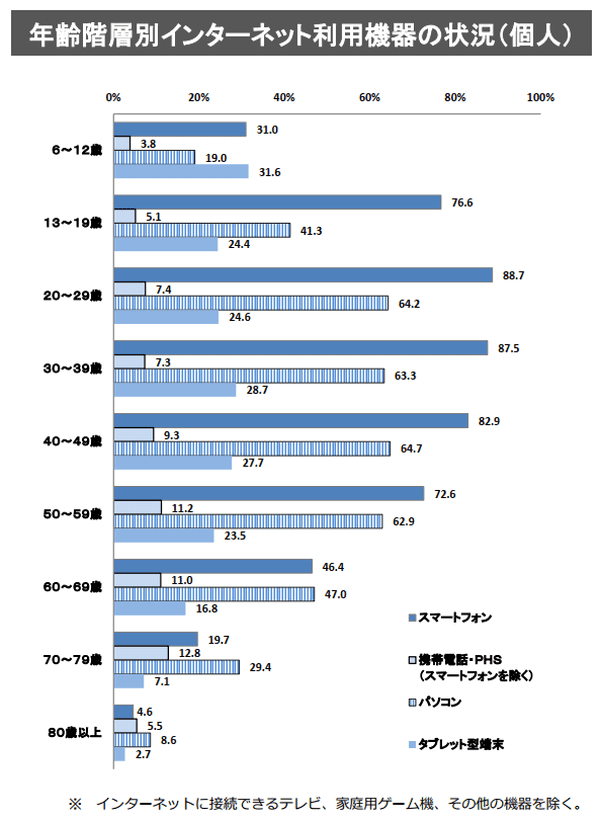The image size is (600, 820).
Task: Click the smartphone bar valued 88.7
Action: point(303,275)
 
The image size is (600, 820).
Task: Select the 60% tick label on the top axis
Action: point(369,97)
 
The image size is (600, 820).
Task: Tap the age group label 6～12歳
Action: point(77,150)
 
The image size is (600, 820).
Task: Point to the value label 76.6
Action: point(461,203)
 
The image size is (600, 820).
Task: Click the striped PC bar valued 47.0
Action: point(214,594)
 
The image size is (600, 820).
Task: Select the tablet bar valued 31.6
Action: point(181,172)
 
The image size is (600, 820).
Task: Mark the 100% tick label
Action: point(540,97)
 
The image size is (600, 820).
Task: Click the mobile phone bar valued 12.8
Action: point(141,653)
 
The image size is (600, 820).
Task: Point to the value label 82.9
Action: point(488,421)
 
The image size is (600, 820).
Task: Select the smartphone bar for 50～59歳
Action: point(268,494)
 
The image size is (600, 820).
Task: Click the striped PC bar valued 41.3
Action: point(202,230)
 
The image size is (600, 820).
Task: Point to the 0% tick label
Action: point(113,97)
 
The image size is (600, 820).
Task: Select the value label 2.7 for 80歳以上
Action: point(142,755)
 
